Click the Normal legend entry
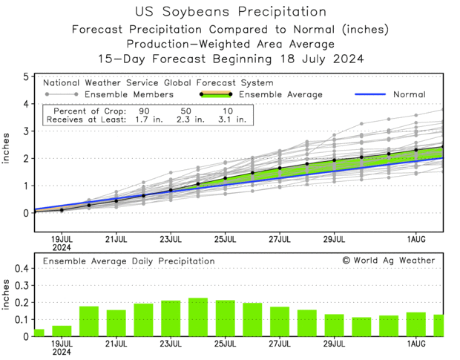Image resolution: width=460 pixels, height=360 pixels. click(410, 94)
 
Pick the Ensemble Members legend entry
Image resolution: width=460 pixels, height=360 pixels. click(129, 94)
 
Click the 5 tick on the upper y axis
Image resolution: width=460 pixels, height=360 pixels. click(25, 76)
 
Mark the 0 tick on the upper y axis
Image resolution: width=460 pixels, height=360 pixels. click(25, 213)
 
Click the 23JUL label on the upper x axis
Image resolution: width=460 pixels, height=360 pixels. click(171, 239)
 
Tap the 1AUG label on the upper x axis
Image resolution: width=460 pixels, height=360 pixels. click(416, 239)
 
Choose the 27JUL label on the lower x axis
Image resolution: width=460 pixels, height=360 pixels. click(280, 344)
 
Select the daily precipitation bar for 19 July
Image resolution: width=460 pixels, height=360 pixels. click(62, 331)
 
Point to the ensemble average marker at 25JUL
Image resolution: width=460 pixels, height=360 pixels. click(226, 178)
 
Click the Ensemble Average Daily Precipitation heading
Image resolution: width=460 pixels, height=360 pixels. click(128, 261)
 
